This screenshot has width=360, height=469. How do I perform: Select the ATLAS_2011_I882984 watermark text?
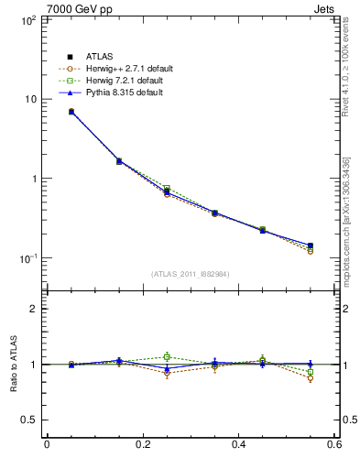(x=190, y=274)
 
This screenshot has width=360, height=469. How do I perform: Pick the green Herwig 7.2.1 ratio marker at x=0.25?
(x=167, y=356)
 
